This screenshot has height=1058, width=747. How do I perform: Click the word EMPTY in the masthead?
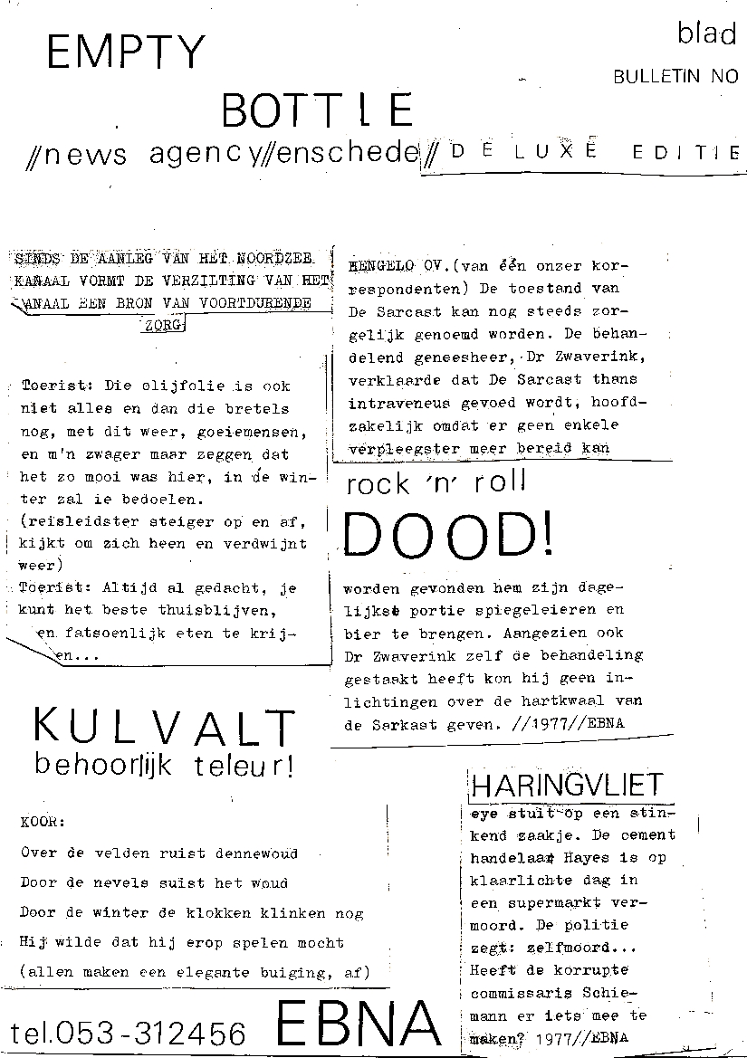[x=127, y=53]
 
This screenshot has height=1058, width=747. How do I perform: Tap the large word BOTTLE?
[x=317, y=110]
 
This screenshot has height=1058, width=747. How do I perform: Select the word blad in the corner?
[x=706, y=34]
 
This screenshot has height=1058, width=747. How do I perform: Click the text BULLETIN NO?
[x=675, y=77]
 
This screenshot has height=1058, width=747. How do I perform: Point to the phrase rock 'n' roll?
[x=436, y=483]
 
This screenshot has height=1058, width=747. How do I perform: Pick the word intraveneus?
[x=393, y=402]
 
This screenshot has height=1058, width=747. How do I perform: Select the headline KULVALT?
[x=164, y=728]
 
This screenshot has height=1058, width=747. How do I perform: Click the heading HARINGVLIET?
[x=568, y=785]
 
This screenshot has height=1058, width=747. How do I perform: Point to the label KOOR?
[x=42, y=823]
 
